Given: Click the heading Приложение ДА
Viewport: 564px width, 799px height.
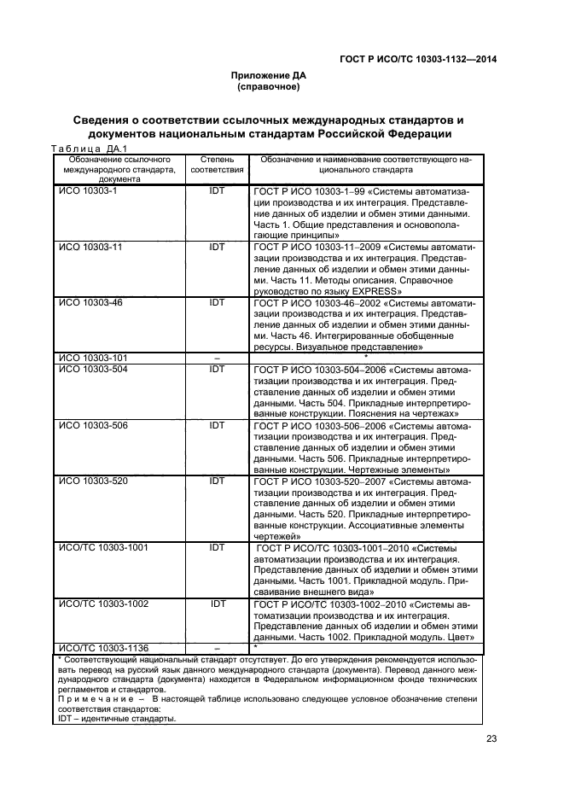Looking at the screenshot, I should pos(269,75).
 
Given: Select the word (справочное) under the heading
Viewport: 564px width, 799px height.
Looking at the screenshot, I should pos(269,86).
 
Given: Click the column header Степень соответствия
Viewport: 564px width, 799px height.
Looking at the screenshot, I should pos(216,165).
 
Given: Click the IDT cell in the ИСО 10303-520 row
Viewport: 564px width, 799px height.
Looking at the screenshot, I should pos(217,481).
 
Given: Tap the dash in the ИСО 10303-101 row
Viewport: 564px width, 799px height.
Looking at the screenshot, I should pos(217,358).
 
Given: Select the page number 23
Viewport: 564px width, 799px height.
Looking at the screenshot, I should pos(491,739).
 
